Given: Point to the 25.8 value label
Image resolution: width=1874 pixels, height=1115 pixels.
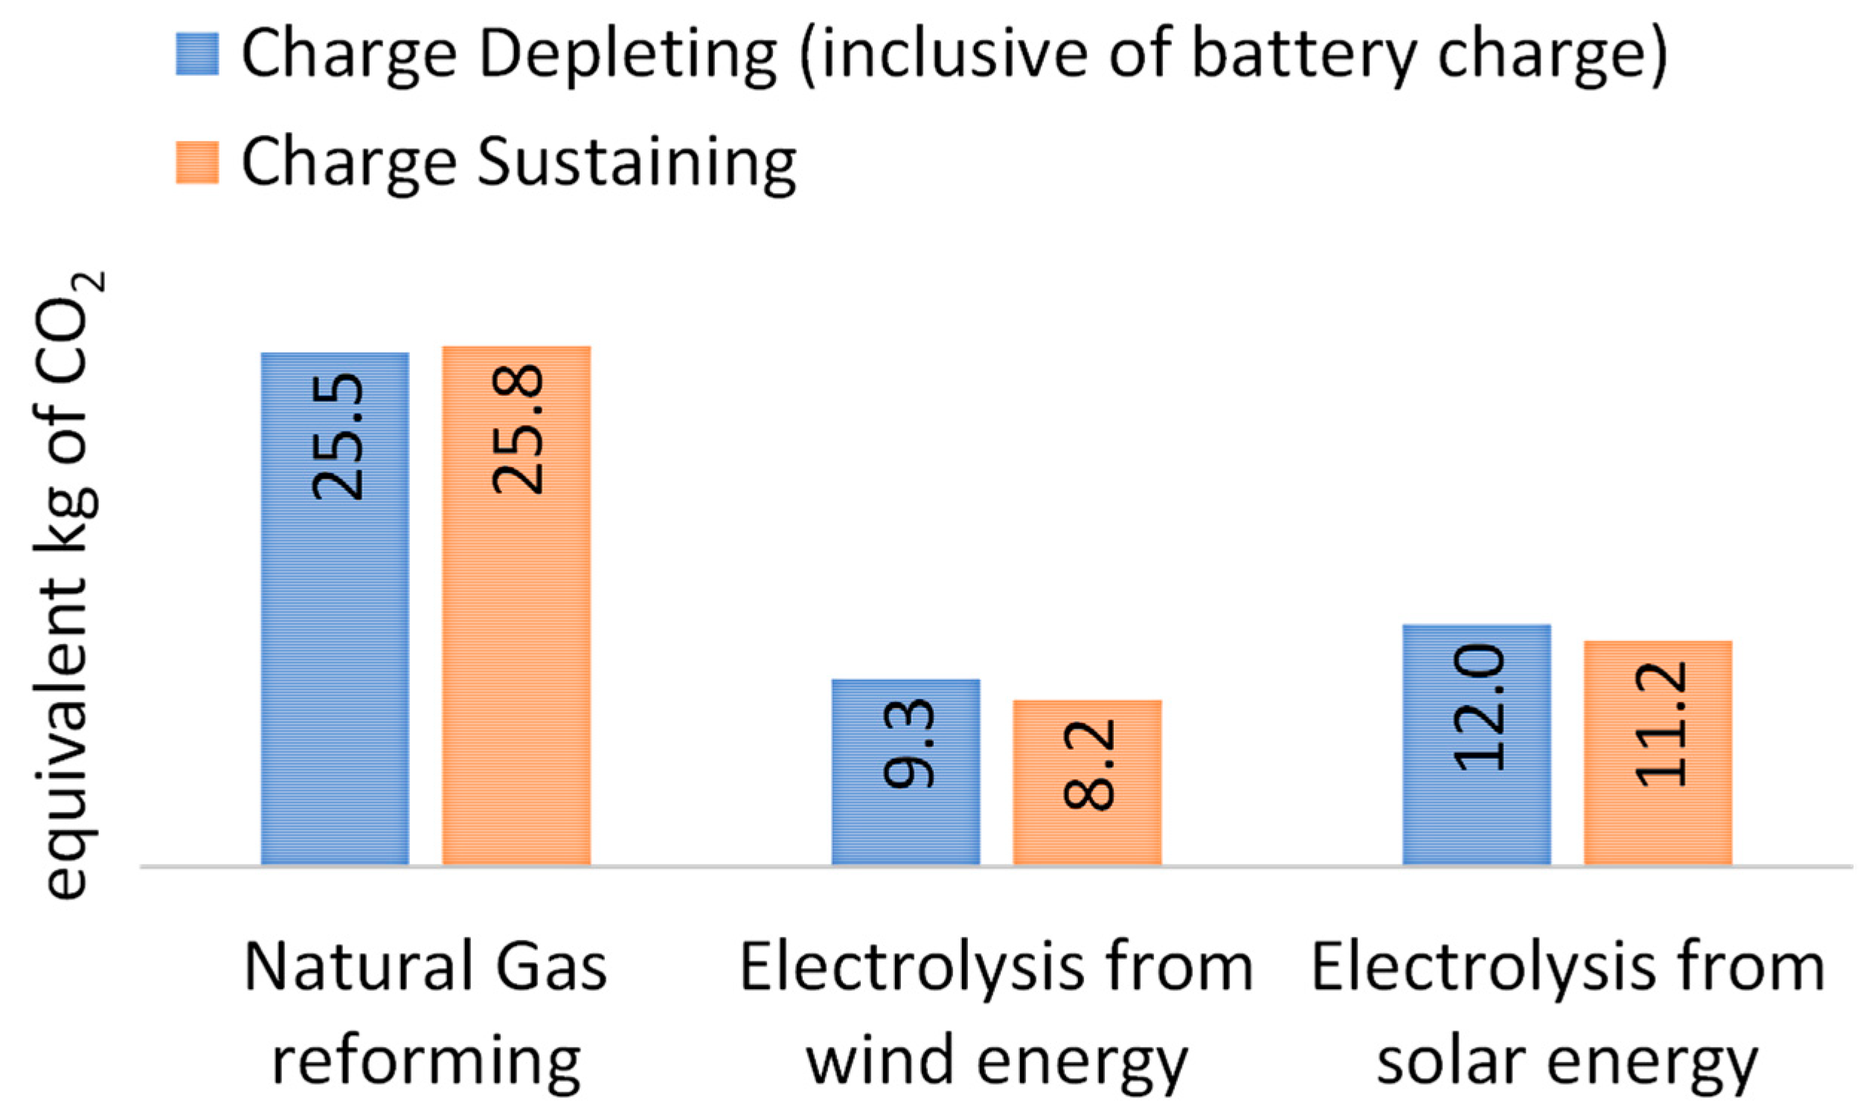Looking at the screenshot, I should click(518, 429).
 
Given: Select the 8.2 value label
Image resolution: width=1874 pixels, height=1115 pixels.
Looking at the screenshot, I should click(1090, 765).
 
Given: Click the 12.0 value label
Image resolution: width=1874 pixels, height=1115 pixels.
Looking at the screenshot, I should click(1480, 709).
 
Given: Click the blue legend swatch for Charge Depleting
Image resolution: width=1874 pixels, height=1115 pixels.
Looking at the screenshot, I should click(198, 54).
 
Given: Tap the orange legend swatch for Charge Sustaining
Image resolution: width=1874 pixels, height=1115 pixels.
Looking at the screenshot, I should click(198, 162).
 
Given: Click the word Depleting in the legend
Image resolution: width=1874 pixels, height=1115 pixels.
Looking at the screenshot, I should click(627, 56).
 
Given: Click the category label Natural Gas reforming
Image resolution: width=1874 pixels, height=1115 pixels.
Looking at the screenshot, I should click(426, 1014).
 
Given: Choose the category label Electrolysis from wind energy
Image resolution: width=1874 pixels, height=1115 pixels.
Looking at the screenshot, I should click(997, 1014).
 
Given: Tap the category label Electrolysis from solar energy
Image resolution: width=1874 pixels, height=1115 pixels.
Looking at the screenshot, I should click(1568, 1014).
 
